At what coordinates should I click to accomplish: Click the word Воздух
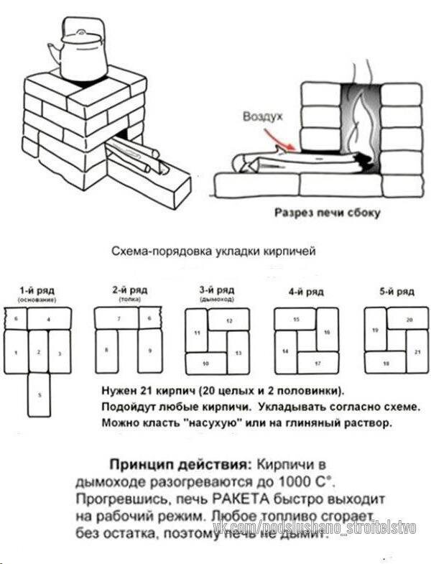263,116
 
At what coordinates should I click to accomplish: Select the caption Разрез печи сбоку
327,213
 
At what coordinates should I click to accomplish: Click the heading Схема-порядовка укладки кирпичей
213,252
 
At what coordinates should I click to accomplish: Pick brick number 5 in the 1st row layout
39,394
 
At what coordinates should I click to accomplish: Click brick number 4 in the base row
49,318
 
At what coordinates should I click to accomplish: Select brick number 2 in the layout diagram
39,351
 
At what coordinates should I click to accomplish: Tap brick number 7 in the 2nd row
118,318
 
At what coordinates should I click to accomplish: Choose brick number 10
207,364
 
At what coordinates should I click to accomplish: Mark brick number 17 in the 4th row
317,364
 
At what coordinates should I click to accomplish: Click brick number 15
296,318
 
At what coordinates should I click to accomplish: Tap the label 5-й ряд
397,292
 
